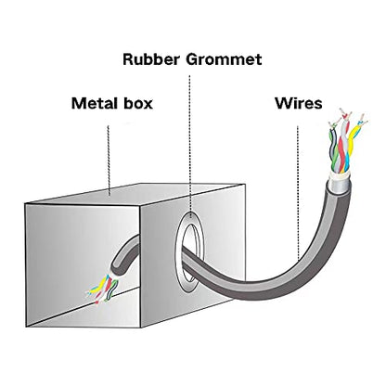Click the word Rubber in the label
(x=151, y=59)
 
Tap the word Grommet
(x=224, y=59)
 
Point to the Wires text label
(x=299, y=103)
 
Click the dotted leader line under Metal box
(x=109, y=161)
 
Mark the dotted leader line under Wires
(x=298, y=193)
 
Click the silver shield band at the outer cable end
(x=339, y=185)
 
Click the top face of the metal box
(x=136, y=194)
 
